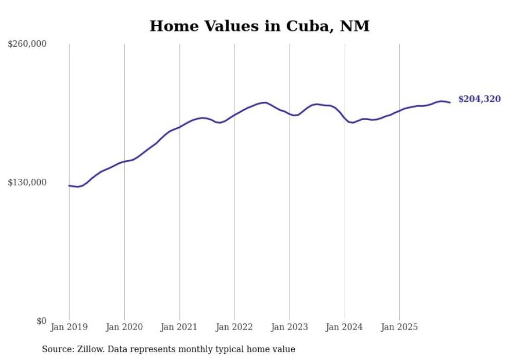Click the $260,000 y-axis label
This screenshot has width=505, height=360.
click(x=27, y=44)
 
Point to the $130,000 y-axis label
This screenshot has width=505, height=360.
click(x=27, y=182)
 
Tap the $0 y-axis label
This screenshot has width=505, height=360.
click(x=42, y=321)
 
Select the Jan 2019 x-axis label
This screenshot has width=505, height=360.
click(x=69, y=327)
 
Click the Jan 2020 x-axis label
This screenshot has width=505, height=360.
click(x=124, y=327)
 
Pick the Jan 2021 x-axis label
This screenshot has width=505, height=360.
click(x=179, y=327)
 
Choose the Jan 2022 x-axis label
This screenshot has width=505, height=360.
click(x=234, y=327)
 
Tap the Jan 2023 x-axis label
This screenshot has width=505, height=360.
click(x=290, y=327)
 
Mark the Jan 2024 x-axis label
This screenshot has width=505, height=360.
click(x=345, y=327)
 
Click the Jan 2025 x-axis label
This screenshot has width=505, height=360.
click(x=399, y=327)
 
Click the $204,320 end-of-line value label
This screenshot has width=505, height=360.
click(x=479, y=99)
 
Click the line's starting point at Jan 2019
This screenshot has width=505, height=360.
click(x=69, y=185)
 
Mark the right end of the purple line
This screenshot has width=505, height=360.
click(x=450, y=102)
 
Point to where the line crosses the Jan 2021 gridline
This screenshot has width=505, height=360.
click(x=179, y=127)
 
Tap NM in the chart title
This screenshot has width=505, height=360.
click(x=355, y=26)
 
